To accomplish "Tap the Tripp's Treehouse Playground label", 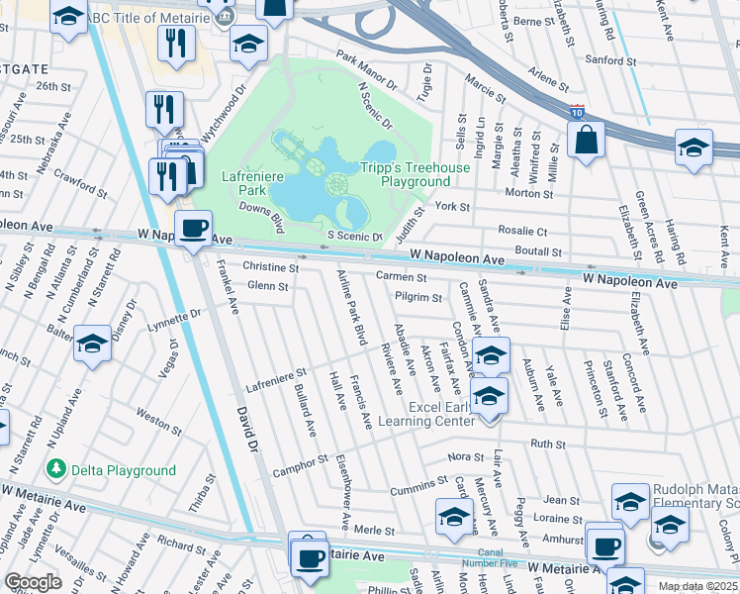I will click(x=415, y=175).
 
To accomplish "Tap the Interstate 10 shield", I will click(x=577, y=114).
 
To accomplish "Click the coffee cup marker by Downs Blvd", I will click(x=193, y=230).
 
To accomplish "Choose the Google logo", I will click(x=33, y=583).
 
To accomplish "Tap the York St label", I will click(x=451, y=206).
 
